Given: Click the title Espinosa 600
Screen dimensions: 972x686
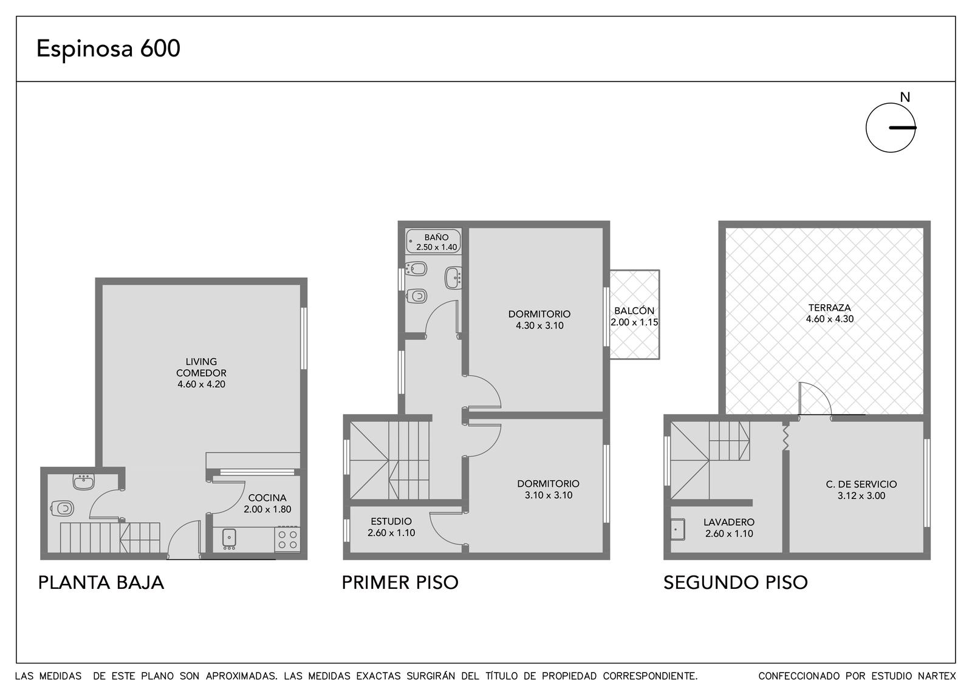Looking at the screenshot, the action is (x=108, y=49).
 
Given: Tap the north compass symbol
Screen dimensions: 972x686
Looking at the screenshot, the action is (x=891, y=127).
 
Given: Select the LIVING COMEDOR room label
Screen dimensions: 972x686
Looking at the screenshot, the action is (x=201, y=367).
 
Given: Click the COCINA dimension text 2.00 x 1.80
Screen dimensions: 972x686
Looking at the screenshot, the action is (x=267, y=509).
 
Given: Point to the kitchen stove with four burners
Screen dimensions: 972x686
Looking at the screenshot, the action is (x=287, y=540).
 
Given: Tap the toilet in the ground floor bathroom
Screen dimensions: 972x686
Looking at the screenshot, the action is (x=62, y=508).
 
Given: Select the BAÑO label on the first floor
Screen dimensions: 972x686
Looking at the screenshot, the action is (x=437, y=237).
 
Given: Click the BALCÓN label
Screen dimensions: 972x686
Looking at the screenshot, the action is (x=634, y=311).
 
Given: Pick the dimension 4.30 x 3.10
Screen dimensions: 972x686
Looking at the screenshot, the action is (x=539, y=325).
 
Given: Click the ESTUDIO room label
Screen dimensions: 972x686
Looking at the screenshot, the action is (x=391, y=521).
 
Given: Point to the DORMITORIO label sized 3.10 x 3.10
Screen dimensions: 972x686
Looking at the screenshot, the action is (x=549, y=483).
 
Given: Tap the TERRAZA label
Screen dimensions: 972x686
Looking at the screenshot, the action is (x=830, y=307).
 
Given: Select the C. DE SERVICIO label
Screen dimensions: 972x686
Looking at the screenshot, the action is (x=861, y=484).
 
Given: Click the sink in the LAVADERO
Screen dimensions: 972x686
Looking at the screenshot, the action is (x=677, y=529).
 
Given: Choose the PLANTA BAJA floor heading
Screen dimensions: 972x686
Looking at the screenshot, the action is (x=101, y=582).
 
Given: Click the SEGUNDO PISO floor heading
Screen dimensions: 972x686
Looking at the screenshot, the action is (x=736, y=582).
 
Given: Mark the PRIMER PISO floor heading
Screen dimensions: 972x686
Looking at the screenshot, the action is (x=400, y=582).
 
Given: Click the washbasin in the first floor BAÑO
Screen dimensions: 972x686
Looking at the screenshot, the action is (x=453, y=278).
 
